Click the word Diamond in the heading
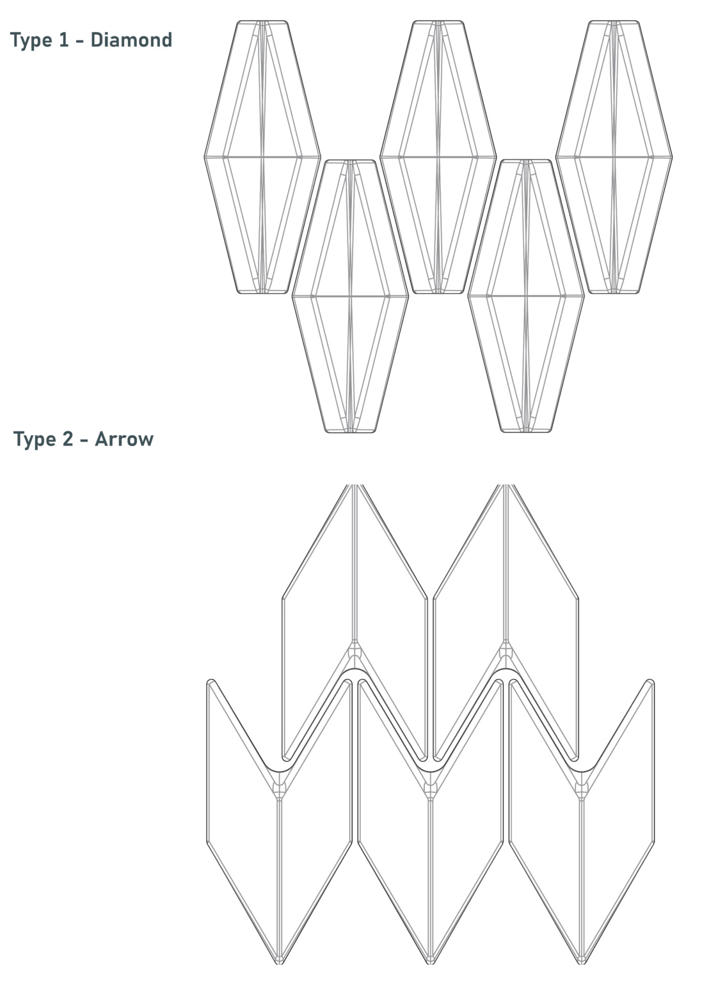pyautogui.click(x=131, y=40)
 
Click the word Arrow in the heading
pyautogui.click(x=124, y=439)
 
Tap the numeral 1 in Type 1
pyautogui.click(x=63, y=40)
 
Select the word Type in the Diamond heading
pyautogui.click(x=31, y=41)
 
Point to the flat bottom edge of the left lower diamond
pyautogui.click(x=350, y=432)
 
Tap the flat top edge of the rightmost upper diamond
pyautogui.click(x=614, y=20)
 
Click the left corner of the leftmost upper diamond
pyautogui.click(x=205, y=157)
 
